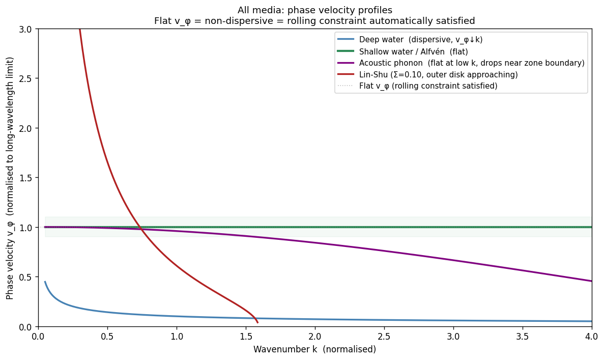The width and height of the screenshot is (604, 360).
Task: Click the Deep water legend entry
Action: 421,40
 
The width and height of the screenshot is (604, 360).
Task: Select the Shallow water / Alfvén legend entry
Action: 413,51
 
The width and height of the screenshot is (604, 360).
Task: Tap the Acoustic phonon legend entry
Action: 472,63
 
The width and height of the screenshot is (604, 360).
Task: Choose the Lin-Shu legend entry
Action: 438,74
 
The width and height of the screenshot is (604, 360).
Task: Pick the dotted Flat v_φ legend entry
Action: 428,86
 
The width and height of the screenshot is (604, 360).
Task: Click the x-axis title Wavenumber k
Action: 314,350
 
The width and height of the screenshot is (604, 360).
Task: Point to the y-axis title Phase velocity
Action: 10,178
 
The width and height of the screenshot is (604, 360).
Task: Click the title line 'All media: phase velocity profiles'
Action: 314,10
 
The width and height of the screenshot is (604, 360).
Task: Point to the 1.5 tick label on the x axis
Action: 246,337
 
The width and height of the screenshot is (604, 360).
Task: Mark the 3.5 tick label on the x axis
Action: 523,337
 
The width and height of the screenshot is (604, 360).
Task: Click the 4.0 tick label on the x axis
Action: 592,337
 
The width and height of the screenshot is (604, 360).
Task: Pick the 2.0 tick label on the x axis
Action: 315,337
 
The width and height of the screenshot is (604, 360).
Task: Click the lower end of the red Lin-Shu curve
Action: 257,322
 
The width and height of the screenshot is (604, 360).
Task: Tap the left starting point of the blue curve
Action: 45,282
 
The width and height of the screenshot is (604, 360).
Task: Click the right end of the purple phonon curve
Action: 591,281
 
